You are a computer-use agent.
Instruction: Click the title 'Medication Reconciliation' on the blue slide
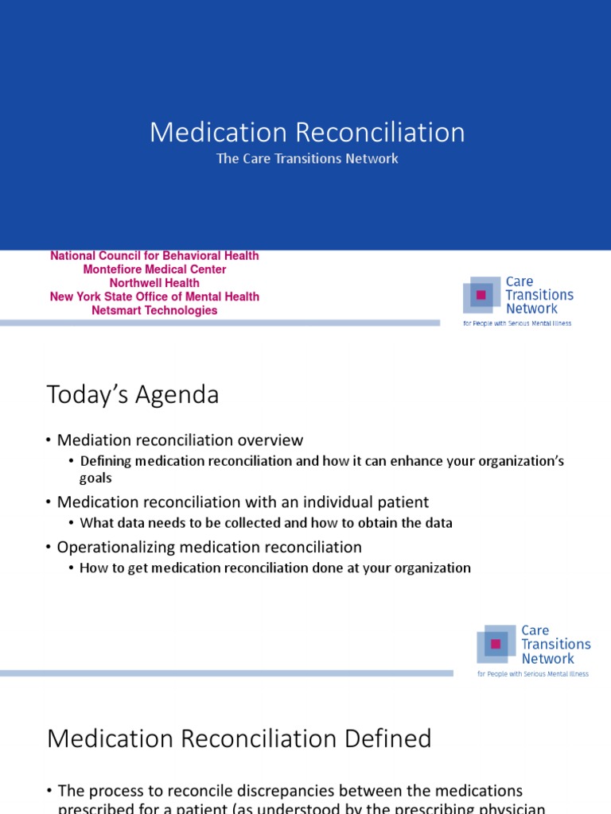tap(307, 132)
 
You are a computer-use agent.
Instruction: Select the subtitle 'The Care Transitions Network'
tap(307, 158)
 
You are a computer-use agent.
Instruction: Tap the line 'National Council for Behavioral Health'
tap(154, 256)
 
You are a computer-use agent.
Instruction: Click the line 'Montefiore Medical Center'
tap(154, 269)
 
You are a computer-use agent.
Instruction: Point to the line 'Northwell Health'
tap(154, 283)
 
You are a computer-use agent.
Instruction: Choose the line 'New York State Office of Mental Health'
tap(154, 297)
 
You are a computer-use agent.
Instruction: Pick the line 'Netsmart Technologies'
tap(154, 310)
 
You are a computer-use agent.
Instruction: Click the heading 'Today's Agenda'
tap(133, 394)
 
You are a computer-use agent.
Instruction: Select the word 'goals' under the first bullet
tap(95, 478)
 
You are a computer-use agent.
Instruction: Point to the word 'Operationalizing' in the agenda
tap(112, 547)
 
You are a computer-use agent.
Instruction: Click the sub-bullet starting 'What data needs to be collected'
tap(266, 522)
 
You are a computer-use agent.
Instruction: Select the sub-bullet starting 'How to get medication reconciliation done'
tap(275, 568)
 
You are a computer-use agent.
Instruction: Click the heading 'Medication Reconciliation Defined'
tap(239, 738)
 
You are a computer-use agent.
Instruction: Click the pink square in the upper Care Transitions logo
tap(480, 295)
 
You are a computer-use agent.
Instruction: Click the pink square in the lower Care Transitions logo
tap(495, 644)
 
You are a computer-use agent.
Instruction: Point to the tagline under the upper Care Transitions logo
tap(517, 324)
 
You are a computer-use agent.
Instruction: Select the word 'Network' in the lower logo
tap(548, 658)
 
